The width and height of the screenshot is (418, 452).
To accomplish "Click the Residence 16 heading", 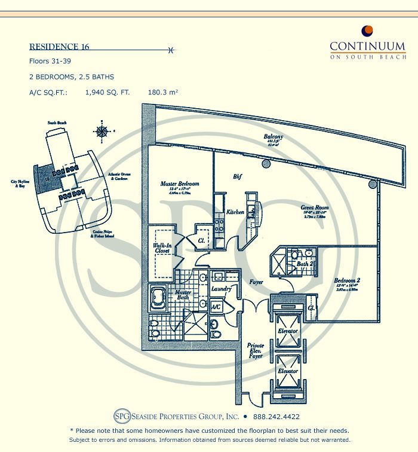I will click(x=59, y=47).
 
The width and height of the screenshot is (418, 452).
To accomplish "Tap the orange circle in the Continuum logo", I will click(x=367, y=30).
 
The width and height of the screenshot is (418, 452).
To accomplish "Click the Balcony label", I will click(x=273, y=137).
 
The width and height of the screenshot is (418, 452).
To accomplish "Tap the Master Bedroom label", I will click(x=180, y=184).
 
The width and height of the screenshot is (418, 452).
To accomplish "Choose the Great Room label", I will click(x=314, y=209).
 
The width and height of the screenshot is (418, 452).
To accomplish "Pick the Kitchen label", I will click(x=235, y=212).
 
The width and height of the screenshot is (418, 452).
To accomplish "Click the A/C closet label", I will click(x=216, y=307).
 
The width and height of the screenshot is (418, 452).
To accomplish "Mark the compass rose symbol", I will click(x=102, y=131).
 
